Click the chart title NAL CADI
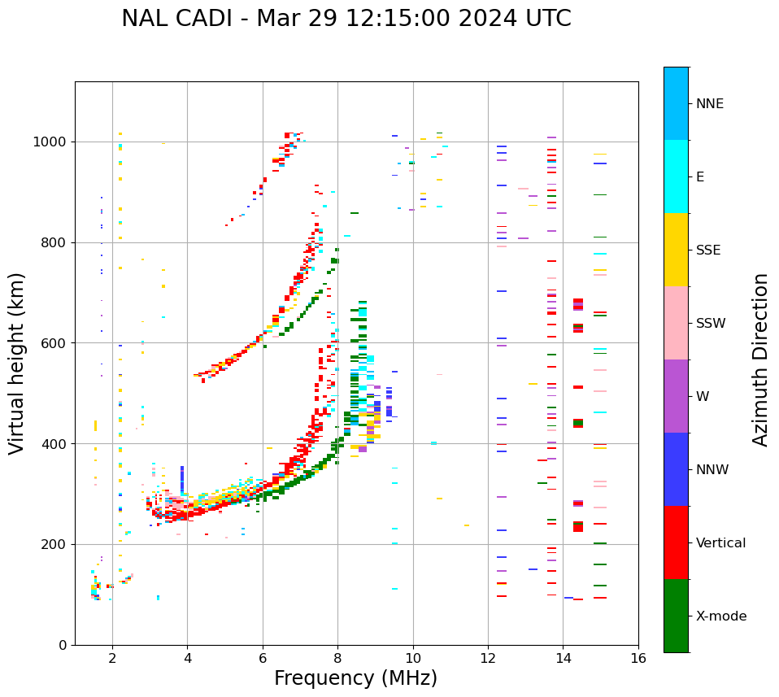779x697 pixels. click(346, 19)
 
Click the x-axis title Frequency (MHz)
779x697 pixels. click(355, 678)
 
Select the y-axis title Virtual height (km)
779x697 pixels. click(17, 363)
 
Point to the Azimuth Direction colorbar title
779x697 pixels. click(760, 359)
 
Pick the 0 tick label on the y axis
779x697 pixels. click(62, 645)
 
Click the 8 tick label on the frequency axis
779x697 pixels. click(337, 659)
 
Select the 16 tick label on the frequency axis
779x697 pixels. click(638, 659)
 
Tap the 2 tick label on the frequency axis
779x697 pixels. click(112, 659)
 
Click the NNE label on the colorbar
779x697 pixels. click(710, 104)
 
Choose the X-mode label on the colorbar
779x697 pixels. click(721, 616)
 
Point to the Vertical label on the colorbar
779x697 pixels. click(720, 543)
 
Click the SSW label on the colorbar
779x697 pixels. click(711, 324)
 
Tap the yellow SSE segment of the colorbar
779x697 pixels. click(676, 250)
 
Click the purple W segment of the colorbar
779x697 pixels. click(676, 396)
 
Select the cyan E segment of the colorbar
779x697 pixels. click(676, 176)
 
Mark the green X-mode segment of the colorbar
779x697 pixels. click(676, 616)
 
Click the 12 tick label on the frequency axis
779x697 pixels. click(488, 659)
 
